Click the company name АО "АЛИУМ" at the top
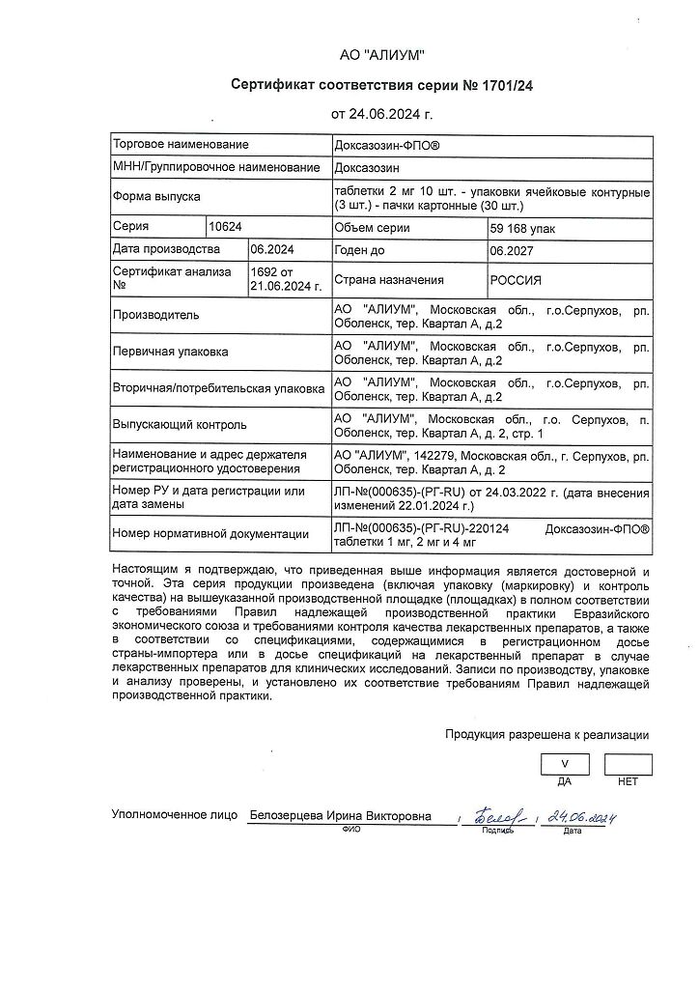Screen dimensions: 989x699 (381, 55)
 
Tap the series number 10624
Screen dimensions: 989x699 (225, 227)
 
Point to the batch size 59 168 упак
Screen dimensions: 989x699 (523, 228)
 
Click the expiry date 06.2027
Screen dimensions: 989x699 (512, 249)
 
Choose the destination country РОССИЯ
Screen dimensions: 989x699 (517, 280)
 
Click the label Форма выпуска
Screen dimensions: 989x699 (156, 196)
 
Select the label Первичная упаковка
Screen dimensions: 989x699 (171, 352)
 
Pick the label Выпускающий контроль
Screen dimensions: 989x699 (180, 424)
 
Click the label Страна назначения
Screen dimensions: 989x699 (388, 280)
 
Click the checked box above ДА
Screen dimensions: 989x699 (566, 764)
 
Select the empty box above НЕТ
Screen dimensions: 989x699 (628, 764)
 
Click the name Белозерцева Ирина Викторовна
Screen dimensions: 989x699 (341, 816)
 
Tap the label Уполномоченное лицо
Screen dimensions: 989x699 (174, 816)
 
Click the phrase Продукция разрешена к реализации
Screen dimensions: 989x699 (546, 735)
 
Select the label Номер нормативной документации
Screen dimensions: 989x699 (210, 534)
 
